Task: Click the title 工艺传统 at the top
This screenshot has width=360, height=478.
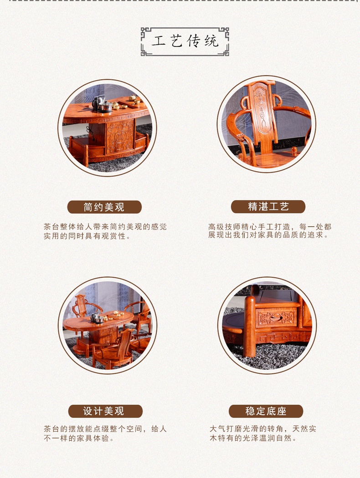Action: pyautogui.click(x=185, y=41)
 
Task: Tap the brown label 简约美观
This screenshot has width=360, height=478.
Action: pyautogui.click(x=104, y=207)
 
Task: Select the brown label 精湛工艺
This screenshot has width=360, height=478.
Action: pyautogui.click(x=268, y=207)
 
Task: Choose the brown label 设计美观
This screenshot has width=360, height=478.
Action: pyautogui.click(x=105, y=411)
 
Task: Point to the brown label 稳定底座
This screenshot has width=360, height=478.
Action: pyautogui.click(x=266, y=411)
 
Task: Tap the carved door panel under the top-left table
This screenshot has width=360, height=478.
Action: pyautogui.click(x=120, y=136)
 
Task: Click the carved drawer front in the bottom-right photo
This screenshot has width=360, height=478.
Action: pyautogui.click(x=276, y=318)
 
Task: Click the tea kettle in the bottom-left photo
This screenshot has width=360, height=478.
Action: pyautogui.click(x=96, y=318)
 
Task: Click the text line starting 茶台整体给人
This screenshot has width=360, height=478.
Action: pyautogui.click(x=105, y=227)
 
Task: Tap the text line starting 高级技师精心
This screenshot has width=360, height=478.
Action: pyautogui.click(x=270, y=227)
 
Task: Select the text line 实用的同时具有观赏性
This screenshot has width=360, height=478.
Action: pyautogui.click(x=87, y=236)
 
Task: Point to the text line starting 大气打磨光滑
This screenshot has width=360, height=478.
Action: pyautogui.click(x=262, y=429)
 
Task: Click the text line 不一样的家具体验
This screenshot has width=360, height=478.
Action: pyautogui.click(x=79, y=438)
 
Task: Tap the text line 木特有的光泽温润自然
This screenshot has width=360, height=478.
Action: pyautogui.click(x=253, y=438)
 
